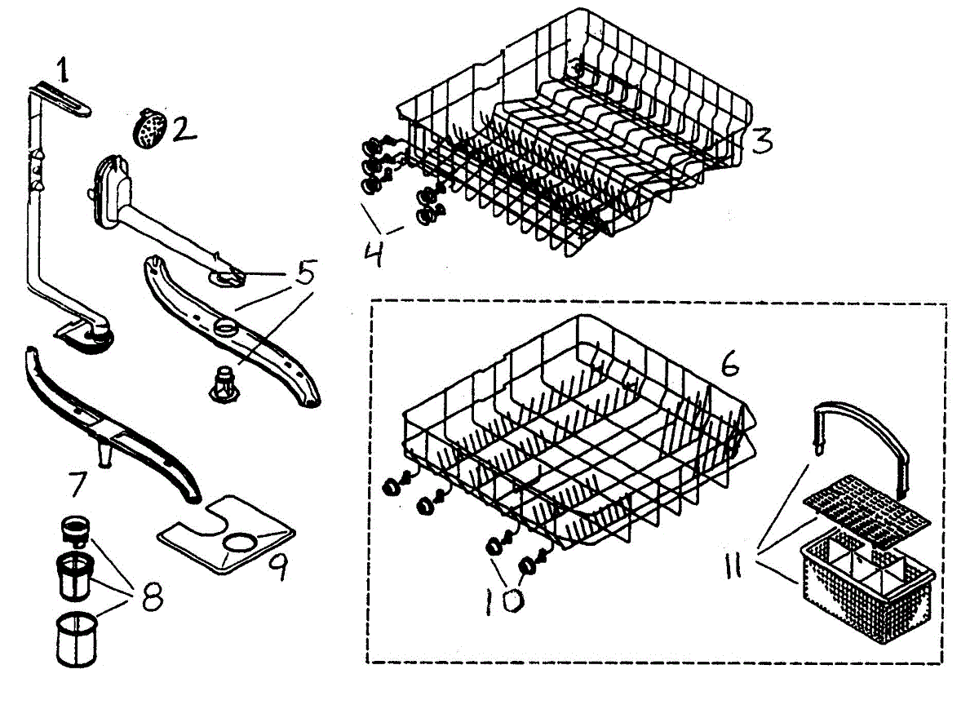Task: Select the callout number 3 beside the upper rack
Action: click(760, 140)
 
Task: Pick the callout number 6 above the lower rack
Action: click(729, 364)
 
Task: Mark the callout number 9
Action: click(278, 566)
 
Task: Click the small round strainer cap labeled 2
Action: click(148, 128)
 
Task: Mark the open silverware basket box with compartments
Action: click(865, 583)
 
